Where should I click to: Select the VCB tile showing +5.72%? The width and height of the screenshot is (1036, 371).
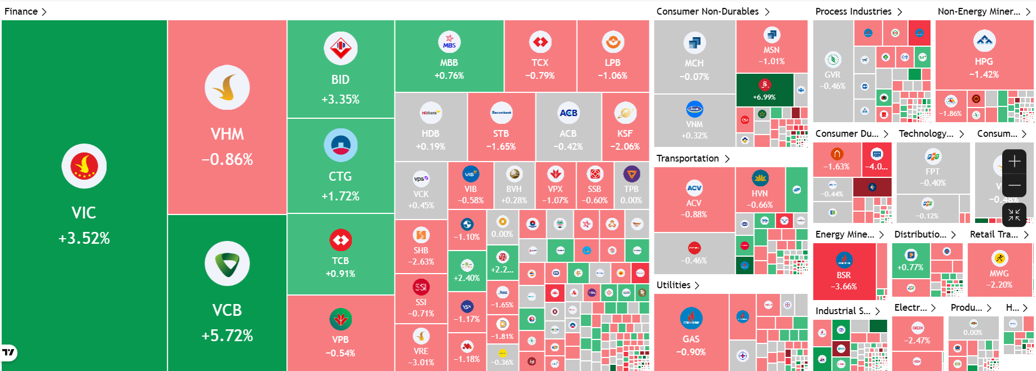click(x=227, y=293)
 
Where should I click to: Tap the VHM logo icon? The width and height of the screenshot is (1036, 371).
click(x=227, y=88)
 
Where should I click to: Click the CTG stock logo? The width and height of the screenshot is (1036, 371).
click(x=340, y=145)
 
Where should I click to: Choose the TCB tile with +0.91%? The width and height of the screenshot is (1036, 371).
click(x=340, y=254)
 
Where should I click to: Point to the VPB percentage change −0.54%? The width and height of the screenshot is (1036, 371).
click(x=340, y=354)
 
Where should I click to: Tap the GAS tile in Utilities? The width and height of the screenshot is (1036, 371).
click(x=691, y=332)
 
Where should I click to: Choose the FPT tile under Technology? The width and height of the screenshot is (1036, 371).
click(x=932, y=168)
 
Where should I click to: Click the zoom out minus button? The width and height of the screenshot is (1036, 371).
click(x=1014, y=185)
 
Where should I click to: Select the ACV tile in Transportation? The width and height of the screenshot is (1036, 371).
click(x=694, y=200)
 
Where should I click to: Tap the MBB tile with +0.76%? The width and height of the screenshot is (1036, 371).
click(x=449, y=56)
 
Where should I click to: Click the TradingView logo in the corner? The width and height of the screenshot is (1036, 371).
click(x=9, y=353)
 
